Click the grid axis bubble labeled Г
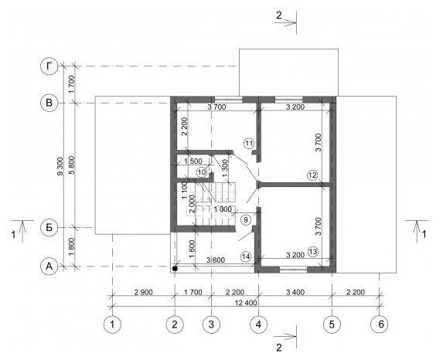[49, 66]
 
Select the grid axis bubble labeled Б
[49, 227]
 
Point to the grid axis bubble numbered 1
[112, 324]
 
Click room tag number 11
[249, 144]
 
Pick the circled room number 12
[312, 175]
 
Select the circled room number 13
[313, 252]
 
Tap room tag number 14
[246, 256]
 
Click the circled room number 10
[202, 172]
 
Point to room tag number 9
[246, 220]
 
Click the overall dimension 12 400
[246, 303]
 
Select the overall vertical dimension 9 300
[60, 166]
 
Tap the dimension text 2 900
[144, 292]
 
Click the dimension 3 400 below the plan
[295, 292]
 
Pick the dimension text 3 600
[216, 260]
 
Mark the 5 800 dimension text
[72, 165]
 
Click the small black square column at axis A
[175, 269]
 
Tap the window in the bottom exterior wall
[293, 269]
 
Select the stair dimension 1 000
[223, 209]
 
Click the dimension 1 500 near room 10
[193, 161]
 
